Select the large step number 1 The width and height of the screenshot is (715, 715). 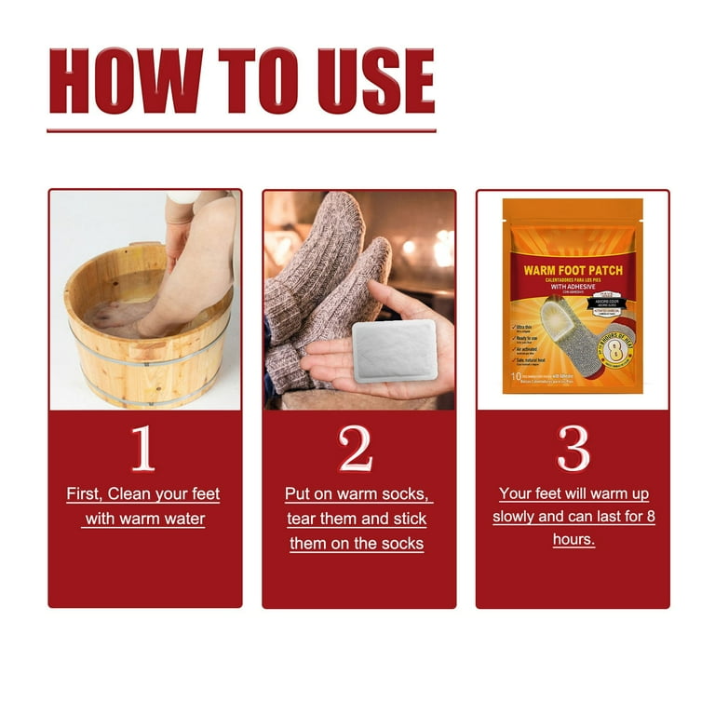point(142,450)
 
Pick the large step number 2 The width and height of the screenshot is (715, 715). point(357,450)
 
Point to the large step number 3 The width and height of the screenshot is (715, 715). point(573,450)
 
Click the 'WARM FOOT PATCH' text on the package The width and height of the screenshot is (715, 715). point(573,272)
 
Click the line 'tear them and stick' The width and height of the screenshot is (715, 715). point(357,519)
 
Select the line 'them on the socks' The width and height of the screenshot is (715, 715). point(357,543)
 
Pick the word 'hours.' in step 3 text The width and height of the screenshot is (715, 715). point(573,539)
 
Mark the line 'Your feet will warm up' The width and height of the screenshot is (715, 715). point(573,493)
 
